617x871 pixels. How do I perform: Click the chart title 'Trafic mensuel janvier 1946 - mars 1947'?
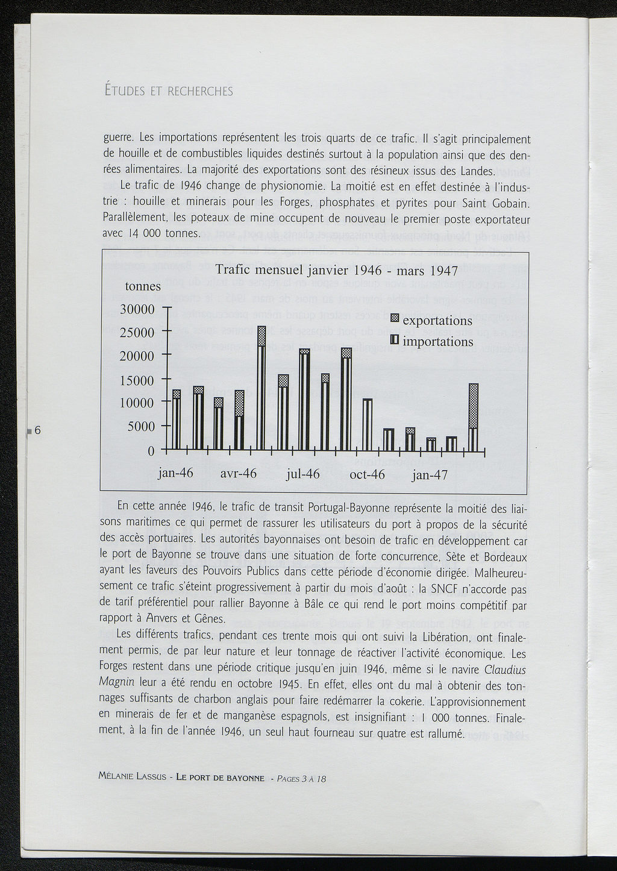[337, 270]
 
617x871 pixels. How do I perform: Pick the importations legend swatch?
[395, 341]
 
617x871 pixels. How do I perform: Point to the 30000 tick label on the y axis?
[138, 309]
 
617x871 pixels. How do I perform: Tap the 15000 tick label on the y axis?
[138, 380]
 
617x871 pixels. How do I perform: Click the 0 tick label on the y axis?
[151, 451]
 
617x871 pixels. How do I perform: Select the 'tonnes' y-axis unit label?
[143, 287]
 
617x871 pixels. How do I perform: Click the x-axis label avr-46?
[239, 474]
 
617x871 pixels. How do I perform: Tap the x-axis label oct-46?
[367, 474]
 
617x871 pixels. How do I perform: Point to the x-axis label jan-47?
[430, 475]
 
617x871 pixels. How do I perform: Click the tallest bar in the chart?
[262, 389]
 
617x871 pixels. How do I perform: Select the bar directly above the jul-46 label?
[304, 400]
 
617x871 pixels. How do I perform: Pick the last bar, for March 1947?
[474, 417]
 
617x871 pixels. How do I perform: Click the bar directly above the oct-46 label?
[367, 425]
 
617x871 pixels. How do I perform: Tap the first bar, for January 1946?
[176, 420]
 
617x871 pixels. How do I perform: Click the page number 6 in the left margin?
[37, 430]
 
